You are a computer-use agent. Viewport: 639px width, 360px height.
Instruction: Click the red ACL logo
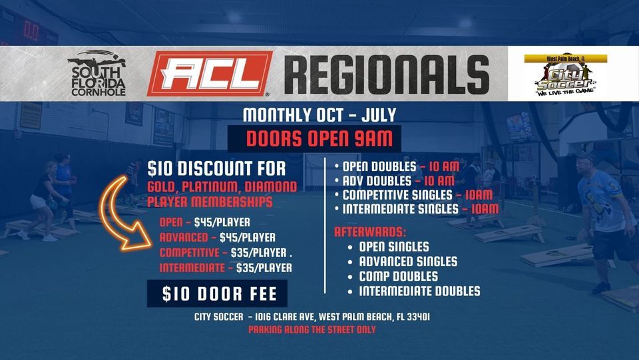(209, 73)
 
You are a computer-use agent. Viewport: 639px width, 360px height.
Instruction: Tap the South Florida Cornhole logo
(97, 73)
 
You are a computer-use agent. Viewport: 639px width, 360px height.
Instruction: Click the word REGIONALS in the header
(386, 73)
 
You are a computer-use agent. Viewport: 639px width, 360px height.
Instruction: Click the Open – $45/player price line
(205, 222)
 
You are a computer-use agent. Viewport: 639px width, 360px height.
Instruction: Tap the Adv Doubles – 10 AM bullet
(395, 181)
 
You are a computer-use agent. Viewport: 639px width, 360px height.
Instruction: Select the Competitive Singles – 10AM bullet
(417, 195)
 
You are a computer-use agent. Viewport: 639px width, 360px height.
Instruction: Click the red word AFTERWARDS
(369, 232)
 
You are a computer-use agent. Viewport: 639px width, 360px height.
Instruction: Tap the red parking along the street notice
(312, 330)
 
